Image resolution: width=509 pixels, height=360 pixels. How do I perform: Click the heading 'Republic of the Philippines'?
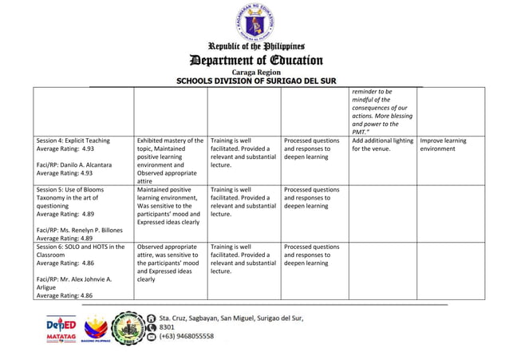[254, 47]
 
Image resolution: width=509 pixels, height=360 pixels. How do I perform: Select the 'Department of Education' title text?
[254, 61]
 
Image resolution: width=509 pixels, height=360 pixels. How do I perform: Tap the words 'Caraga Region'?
[254, 73]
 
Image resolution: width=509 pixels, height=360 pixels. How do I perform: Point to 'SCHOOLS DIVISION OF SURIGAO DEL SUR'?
[254, 81]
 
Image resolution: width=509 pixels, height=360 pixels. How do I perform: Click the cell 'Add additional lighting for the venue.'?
[382, 144]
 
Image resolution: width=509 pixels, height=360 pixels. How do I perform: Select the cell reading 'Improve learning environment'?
[443, 144]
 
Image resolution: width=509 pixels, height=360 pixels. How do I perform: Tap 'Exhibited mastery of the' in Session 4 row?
[171, 140]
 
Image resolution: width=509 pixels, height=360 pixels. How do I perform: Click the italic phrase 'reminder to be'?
[373, 92]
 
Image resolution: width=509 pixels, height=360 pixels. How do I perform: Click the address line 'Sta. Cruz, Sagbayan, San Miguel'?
[231, 317]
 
